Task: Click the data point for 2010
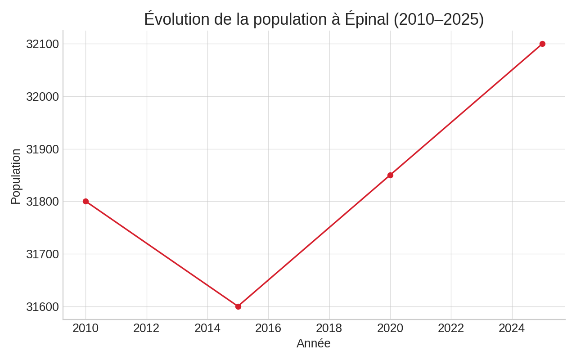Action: pos(85,201)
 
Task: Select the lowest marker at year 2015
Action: pos(238,306)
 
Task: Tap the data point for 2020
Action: pos(390,175)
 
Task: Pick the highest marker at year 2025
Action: pos(542,44)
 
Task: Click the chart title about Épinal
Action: pos(314,19)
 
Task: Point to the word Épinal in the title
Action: pos(367,19)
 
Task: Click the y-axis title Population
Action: pos(16,176)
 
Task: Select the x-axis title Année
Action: pos(314,343)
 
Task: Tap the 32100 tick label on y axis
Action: pos(43,44)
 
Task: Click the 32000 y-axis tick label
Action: pos(43,97)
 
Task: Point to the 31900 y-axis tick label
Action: pos(43,149)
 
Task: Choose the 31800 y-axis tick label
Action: pos(43,202)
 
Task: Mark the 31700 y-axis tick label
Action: pos(43,254)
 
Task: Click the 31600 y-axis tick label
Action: pos(43,307)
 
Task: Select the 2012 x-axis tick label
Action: pos(146,328)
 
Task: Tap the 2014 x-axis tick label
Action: pos(207,328)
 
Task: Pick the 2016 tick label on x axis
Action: pos(268,328)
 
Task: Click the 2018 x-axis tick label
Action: pos(329,328)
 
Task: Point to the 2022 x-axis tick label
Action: pos(451,328)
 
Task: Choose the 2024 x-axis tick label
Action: pos(512,328)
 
